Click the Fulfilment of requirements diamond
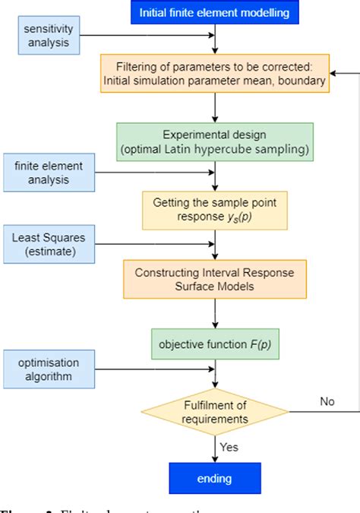tap(216, 411)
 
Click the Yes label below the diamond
tap(229, 447)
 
